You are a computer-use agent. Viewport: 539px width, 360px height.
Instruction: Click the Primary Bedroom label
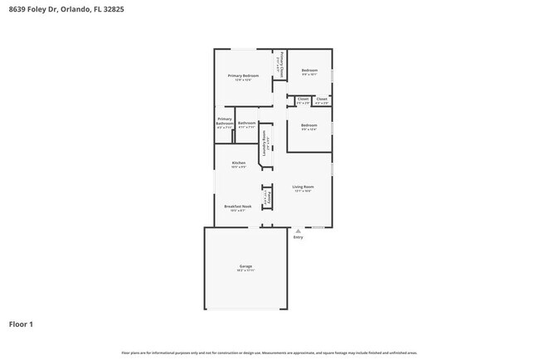[243, 75]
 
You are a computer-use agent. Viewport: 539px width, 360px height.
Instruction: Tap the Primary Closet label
[282, 66]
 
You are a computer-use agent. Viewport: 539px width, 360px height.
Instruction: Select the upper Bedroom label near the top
[309, 71]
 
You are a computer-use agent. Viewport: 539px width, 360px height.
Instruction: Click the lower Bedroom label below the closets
[309, 125]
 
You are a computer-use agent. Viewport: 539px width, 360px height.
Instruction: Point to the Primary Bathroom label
[225, 121]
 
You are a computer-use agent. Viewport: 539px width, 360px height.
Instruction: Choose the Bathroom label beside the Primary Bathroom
[246, 123]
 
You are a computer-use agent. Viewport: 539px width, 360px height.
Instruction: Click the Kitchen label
[239, 163]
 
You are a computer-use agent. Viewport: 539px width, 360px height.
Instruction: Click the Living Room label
[303, 187]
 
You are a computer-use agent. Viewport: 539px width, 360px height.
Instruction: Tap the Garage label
[245, 266]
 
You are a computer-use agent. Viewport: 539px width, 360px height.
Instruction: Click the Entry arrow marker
[298, 231]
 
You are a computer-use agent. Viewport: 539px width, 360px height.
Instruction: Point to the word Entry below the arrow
[298, 238]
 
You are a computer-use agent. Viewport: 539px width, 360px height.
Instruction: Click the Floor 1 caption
[21, 324]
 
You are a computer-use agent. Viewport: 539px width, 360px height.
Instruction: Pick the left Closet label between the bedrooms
[303, 99]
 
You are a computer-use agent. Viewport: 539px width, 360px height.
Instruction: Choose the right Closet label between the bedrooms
[322, 99]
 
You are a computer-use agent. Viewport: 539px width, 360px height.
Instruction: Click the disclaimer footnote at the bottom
[269, 352]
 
